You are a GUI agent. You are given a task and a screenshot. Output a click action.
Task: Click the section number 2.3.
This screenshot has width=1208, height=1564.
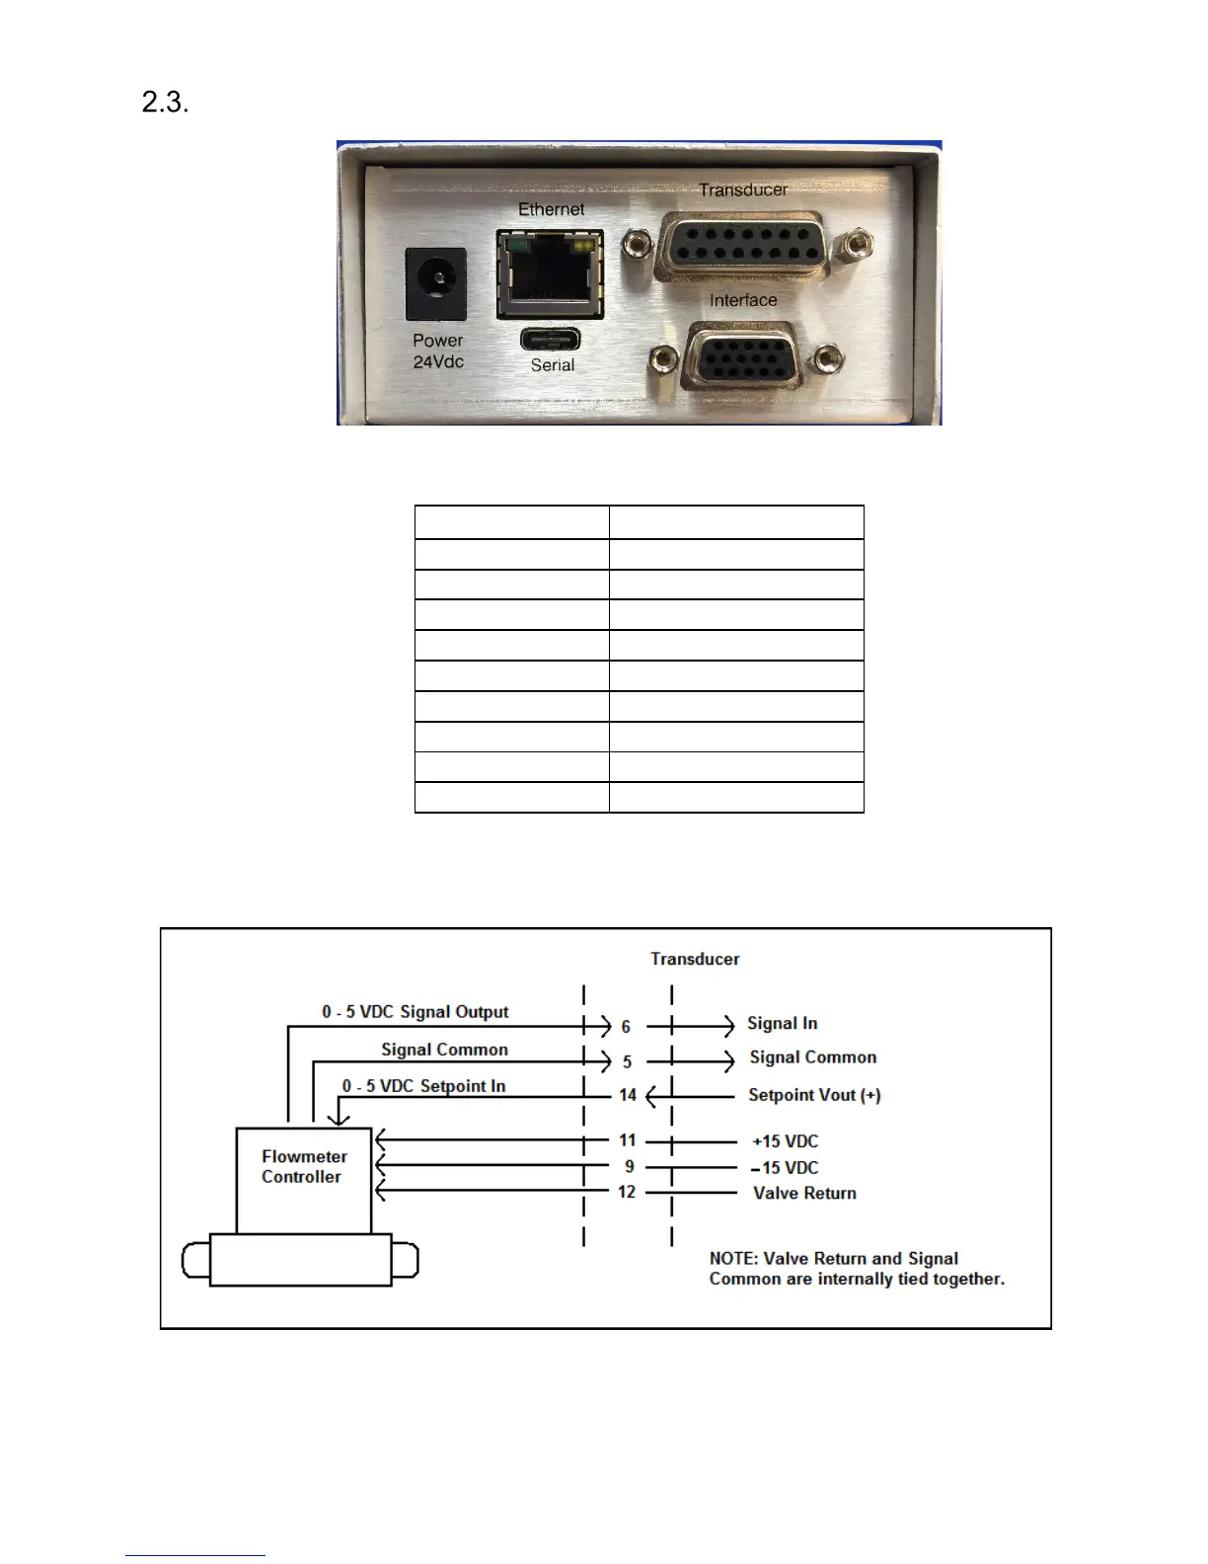tap(165, 102)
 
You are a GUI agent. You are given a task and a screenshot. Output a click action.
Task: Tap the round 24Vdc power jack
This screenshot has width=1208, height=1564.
tap(436, 283)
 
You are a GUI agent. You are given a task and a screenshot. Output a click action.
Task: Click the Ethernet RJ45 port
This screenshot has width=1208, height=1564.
tap(550, 274)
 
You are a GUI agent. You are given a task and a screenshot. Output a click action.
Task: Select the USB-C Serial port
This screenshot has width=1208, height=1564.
tap(551, 340)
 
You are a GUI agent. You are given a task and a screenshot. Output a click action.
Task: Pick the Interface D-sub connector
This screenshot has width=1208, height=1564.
tap(742, 355)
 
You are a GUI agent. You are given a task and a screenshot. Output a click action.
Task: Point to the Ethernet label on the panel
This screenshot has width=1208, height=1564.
tap(551, 209)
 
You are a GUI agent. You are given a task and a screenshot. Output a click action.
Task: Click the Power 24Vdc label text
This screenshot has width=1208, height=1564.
tap(438, 351)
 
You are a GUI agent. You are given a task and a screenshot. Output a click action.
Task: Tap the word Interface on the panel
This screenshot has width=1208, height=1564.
tap(743, 300)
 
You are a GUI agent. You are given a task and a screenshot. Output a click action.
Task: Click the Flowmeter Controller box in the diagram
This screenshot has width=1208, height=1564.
tap(303, 1179)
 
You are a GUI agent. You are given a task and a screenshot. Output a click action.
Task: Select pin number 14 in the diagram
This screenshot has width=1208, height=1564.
tap(628, 1094)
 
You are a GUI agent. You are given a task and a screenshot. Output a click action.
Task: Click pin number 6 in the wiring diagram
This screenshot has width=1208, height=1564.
tap(626, 1027)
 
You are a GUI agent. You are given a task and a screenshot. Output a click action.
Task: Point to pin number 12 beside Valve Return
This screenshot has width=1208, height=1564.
tap(627, 1192)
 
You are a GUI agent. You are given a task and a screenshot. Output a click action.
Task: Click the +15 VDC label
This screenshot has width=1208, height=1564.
tap(786, 1141)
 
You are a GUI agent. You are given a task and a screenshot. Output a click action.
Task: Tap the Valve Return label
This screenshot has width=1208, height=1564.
tap(804, 1193)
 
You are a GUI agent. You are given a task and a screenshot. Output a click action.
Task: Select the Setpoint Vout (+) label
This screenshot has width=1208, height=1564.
tap(814, 1095)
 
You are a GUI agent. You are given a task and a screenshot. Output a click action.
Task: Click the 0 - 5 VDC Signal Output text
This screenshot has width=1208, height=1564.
tap(415, 1012)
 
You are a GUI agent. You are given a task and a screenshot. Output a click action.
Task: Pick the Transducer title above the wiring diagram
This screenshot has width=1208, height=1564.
tap(695, 959)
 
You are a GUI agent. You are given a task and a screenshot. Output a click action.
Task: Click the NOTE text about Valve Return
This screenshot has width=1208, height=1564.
tap(857, 1269)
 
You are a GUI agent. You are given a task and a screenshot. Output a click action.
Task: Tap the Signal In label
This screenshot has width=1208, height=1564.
tap(782, 1024)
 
